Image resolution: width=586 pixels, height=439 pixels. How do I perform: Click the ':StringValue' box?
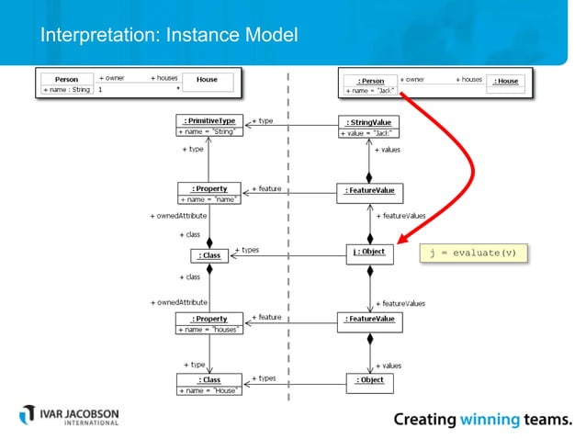369,127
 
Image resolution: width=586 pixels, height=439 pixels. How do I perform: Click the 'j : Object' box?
369,253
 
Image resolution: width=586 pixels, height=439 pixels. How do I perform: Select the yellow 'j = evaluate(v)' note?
474,253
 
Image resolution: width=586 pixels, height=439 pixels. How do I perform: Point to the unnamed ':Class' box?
209,255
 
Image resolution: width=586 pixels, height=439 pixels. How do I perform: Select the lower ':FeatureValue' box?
369,319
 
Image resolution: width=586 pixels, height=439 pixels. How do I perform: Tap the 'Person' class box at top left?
66,84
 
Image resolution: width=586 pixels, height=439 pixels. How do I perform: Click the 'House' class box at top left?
208,82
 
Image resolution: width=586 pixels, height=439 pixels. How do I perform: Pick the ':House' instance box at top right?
506,82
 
